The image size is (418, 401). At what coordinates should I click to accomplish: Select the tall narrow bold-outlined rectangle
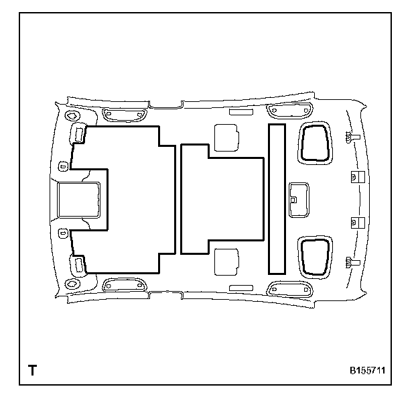click(x=277, y=198)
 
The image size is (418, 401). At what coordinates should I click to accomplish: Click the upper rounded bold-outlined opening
click(x=313, y=142)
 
